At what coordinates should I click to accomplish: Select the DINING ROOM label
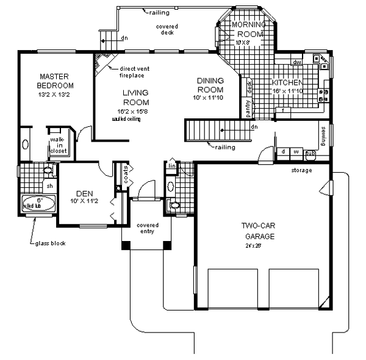tap(209, 85)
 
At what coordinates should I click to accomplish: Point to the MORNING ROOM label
tap(248, 29)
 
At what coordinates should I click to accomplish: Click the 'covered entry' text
tap(147, 228)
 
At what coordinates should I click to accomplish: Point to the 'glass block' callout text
tap(50, 243)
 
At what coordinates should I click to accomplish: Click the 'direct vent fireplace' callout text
tap(133, 71)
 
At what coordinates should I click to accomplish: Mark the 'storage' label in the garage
tap(301, 170)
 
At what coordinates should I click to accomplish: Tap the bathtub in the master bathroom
tap(37, 204)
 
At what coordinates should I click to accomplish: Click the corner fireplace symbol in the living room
tap(101, 62)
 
